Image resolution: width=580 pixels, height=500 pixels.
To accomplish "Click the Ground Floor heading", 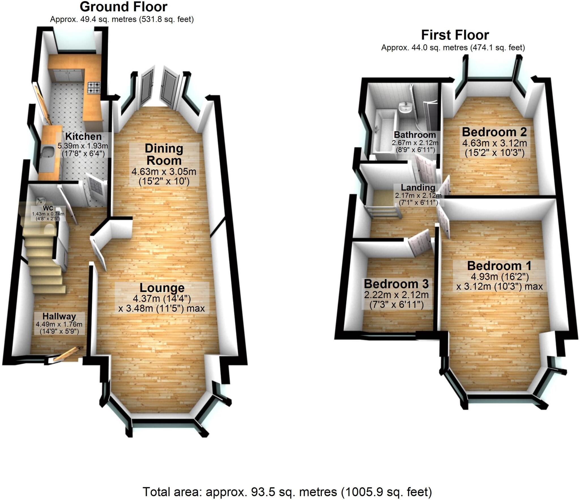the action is click(123, 7).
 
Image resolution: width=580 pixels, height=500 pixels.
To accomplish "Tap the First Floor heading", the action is click(455, 35).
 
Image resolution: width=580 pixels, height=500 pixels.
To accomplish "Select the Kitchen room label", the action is click(83, 136).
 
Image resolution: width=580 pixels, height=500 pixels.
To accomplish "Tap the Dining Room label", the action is click(164, 154).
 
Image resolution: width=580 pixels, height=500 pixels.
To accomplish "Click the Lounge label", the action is click(162, 288).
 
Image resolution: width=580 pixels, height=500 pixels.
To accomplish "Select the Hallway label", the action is click(59, 316).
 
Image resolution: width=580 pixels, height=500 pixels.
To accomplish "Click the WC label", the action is click(48, 208).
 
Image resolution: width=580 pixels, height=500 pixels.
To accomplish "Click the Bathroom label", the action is click(415, 135).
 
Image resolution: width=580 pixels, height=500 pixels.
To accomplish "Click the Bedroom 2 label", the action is click(494, 132).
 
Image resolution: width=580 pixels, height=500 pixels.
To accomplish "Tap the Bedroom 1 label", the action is click(499, 266).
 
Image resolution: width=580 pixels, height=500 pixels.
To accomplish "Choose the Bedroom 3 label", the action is click(396, 284).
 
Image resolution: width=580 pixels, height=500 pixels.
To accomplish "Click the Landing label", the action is click(418, 187).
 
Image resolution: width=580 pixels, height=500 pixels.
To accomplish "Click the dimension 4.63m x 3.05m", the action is click(164, 172).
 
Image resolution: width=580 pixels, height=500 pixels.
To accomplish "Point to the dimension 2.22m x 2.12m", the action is click(396, 295).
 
